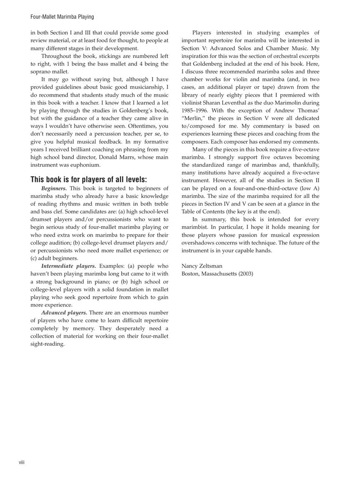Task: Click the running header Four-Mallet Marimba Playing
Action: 62,17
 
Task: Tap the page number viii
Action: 22,462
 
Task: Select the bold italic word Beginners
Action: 54,188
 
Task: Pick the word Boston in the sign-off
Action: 190,274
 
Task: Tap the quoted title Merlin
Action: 194,118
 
